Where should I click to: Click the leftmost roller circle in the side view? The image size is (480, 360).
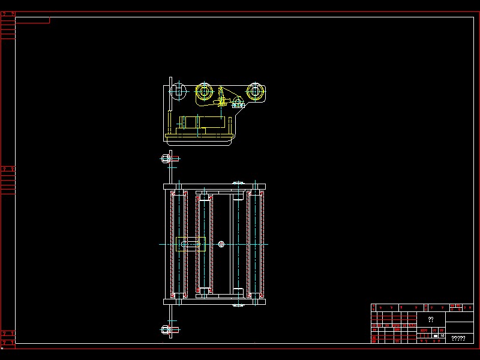pos(177,91)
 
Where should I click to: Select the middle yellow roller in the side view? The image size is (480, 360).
pos(205,92)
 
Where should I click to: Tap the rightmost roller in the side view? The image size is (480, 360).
pos(256,92)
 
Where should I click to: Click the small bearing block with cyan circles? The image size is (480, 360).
pos(238,103)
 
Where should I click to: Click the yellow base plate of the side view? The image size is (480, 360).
pos(199,137)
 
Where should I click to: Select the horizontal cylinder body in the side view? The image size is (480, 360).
pos(204,122)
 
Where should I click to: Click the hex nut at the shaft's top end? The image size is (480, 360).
pos(166,158)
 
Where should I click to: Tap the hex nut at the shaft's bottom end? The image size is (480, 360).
pos(166,329)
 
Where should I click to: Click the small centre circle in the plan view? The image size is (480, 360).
pos(222,244)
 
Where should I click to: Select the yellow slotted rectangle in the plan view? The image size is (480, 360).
pos(191,244)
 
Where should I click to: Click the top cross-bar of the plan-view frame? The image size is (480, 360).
pos(214,187)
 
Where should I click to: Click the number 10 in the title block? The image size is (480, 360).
pos(442,336)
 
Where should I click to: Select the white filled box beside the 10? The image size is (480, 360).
pos(436,336)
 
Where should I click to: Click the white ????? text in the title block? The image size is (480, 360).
pos(458,338)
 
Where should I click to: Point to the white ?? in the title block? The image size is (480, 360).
pos(431,320)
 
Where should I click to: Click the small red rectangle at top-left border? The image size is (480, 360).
pos(32,20)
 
